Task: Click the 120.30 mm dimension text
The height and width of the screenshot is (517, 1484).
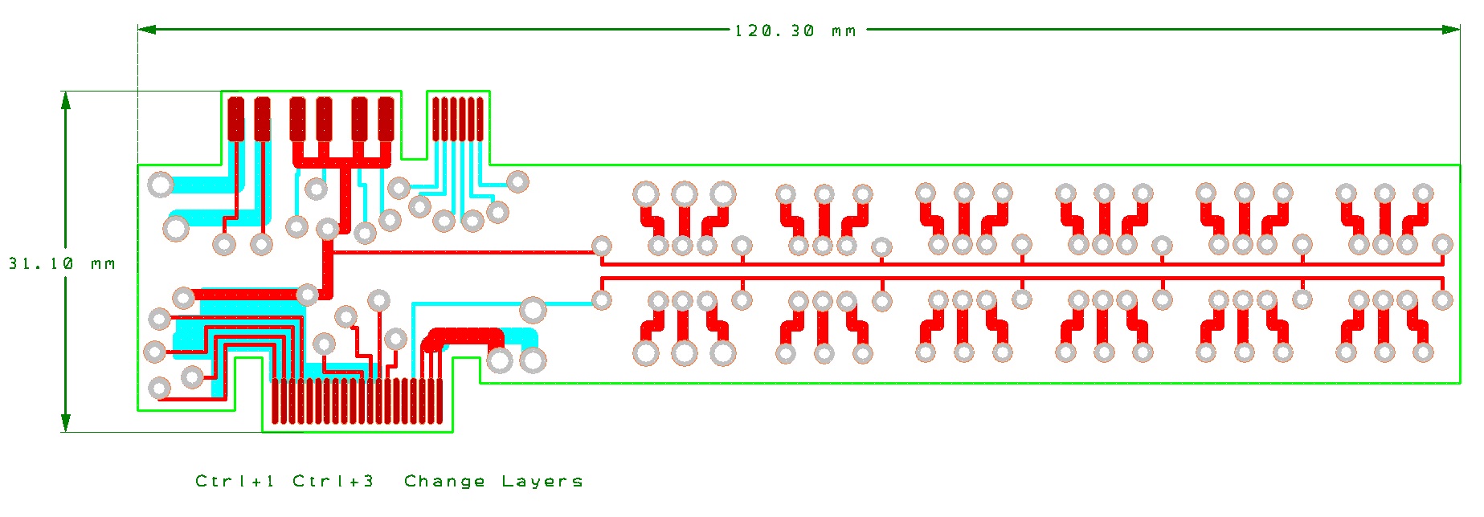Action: [795, 31]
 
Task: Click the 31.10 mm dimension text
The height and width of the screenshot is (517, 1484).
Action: [62, 263]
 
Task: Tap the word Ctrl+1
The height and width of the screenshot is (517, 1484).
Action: [235, 481]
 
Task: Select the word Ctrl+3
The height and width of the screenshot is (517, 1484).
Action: [333, 481]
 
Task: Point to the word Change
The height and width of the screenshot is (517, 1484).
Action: [444, 481]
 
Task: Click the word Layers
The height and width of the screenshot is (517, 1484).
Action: [542, 481]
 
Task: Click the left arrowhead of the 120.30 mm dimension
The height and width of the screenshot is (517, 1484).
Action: [147, 30]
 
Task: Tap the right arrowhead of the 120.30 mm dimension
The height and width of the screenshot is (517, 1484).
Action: [1451, 30]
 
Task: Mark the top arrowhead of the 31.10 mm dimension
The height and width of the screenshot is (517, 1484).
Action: [66, 100]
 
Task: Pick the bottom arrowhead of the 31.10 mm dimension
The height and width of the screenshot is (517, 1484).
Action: [66, 423]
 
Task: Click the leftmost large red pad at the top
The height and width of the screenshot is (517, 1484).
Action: [235, 119]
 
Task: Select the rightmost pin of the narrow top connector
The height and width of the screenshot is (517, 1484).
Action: [480, 119]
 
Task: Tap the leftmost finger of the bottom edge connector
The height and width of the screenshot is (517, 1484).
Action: [276, 401]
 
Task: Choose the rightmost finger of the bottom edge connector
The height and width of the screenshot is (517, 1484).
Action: [439, 401]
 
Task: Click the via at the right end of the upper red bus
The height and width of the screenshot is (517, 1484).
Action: [1442, 245]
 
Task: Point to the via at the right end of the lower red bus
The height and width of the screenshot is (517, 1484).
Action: [1442, 300]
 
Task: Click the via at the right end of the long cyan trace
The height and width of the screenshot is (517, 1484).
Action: [601, 300]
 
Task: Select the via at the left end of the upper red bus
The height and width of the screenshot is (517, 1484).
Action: [601, 246]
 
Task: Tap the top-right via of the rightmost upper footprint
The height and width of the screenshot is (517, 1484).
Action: [1423, 193]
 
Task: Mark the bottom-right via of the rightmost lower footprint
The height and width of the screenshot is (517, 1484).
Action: [1423, 352]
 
